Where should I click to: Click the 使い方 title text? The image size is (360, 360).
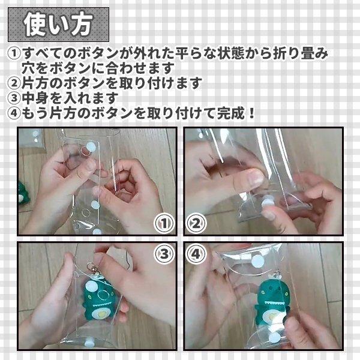(58, 25)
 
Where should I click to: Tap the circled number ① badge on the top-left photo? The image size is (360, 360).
(164, 223)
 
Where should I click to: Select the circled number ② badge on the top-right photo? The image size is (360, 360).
(196, 223)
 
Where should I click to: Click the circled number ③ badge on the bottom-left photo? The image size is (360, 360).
(164, 254)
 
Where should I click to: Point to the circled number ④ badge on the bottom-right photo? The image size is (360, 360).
(196, 254)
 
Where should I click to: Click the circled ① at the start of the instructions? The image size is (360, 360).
(14, 53)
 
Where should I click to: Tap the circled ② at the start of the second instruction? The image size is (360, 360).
(14, 83)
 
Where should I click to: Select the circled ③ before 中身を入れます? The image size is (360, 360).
(14, 98)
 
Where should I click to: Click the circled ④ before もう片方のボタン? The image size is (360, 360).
(14, 113)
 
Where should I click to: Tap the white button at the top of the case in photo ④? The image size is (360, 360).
(257, 261)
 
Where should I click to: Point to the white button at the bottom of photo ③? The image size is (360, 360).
(88, 343)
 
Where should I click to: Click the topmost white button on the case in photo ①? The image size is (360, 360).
(91, 146)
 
